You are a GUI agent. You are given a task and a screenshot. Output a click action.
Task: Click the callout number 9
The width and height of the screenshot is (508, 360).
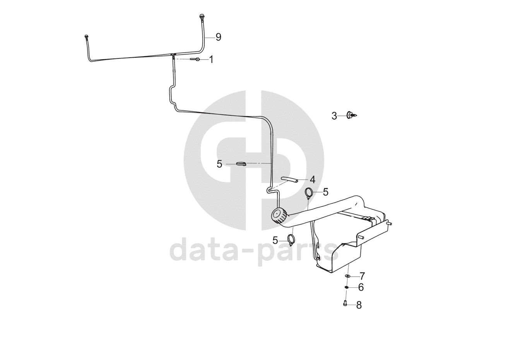218,37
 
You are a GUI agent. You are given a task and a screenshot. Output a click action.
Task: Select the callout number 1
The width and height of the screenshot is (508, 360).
211,59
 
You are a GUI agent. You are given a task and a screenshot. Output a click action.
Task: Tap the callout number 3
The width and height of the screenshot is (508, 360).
334,115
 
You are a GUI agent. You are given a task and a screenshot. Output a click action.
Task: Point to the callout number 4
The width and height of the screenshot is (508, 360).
312,180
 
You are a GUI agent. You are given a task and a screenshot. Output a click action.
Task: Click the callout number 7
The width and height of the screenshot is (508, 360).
362,276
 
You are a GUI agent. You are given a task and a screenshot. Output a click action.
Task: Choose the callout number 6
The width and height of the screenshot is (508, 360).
361,287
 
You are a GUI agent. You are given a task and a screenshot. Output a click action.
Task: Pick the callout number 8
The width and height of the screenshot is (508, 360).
359,305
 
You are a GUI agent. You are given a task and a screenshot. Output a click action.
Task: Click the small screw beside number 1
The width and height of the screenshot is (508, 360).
195,59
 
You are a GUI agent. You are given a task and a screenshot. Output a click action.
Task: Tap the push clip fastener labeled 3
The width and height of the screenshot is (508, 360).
352,115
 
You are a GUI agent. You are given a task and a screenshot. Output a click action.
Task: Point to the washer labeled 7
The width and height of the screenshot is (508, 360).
348,276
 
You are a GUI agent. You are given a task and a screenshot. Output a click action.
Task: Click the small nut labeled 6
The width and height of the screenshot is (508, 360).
347,287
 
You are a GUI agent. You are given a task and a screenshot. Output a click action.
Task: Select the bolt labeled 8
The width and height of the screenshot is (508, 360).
345,305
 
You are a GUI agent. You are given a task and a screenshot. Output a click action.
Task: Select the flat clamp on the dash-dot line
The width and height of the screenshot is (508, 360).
241,164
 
